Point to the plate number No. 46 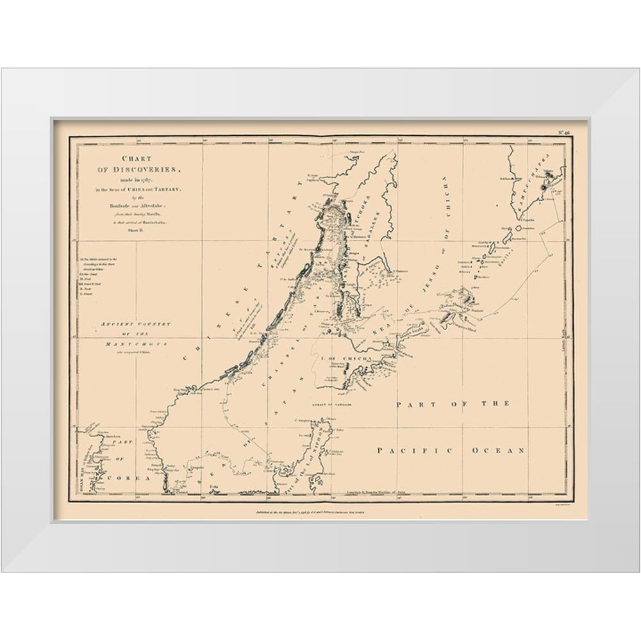[x=564, y=132]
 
